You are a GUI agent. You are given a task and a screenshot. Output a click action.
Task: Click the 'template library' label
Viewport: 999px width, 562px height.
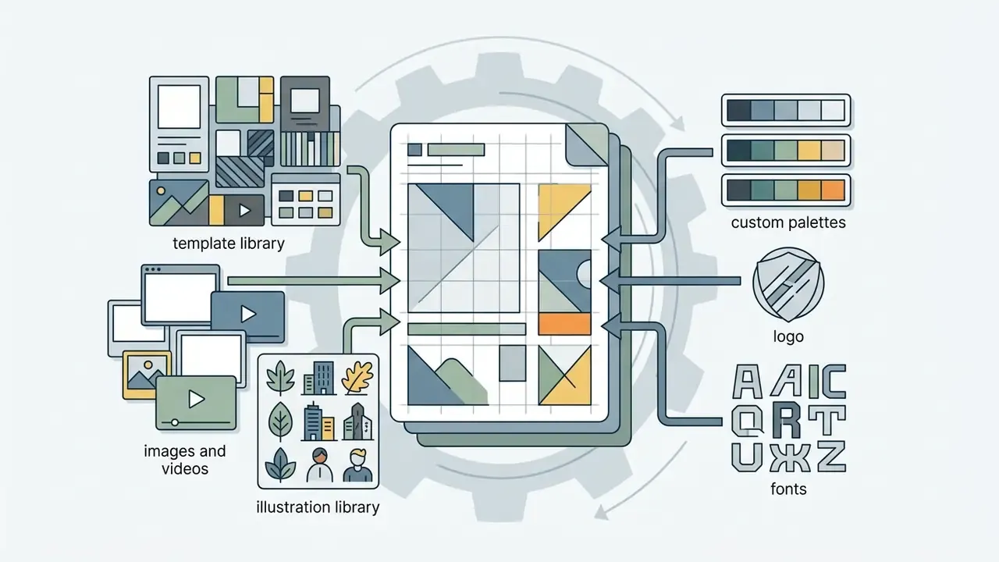229,244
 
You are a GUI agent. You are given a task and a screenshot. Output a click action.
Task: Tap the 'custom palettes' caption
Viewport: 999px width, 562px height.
788,222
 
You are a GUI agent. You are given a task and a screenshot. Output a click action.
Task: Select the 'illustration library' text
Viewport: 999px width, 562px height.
318,507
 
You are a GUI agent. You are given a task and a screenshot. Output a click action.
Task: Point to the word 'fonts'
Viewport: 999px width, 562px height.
788,489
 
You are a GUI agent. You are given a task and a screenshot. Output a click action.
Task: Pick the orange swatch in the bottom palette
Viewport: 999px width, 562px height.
833,190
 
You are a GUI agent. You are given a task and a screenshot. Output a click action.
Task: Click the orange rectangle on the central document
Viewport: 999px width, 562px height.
564,324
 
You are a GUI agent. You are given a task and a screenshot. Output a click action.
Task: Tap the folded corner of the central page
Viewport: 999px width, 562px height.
586,145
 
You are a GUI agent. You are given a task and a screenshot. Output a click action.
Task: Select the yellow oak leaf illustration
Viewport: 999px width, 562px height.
357,377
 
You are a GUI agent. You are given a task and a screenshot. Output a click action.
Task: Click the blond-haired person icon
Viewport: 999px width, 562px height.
357,465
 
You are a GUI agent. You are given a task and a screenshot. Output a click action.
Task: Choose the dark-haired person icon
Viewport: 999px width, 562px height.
320,465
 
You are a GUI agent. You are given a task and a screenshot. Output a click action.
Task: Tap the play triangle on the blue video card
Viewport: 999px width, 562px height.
248,315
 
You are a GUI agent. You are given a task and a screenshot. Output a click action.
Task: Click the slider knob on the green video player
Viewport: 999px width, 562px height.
175,422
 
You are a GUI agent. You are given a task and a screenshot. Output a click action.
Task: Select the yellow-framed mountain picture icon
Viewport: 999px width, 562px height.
147,375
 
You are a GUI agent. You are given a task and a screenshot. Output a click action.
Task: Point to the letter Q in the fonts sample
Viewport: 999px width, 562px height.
748,420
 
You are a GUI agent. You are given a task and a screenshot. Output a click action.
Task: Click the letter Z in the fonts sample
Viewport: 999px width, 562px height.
831,457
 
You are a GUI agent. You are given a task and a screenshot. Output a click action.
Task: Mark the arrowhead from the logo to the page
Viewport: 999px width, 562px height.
610,281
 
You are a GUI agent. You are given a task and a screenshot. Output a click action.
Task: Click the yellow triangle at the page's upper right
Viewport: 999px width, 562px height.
560,208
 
